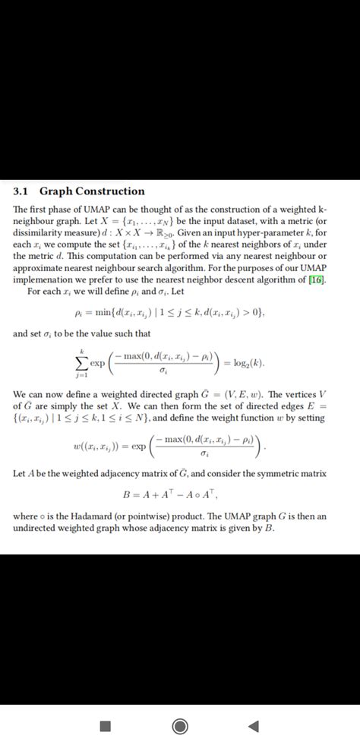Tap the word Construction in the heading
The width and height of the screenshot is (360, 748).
tap(111, 191)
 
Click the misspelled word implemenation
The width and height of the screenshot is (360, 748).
tap(49, 279)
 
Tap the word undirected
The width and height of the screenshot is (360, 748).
tap(39, 528)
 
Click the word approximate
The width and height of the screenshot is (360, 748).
tap(39, 268)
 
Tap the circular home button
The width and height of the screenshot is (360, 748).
tap(180, 727)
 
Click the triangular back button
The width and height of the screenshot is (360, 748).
tap(253, 727)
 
